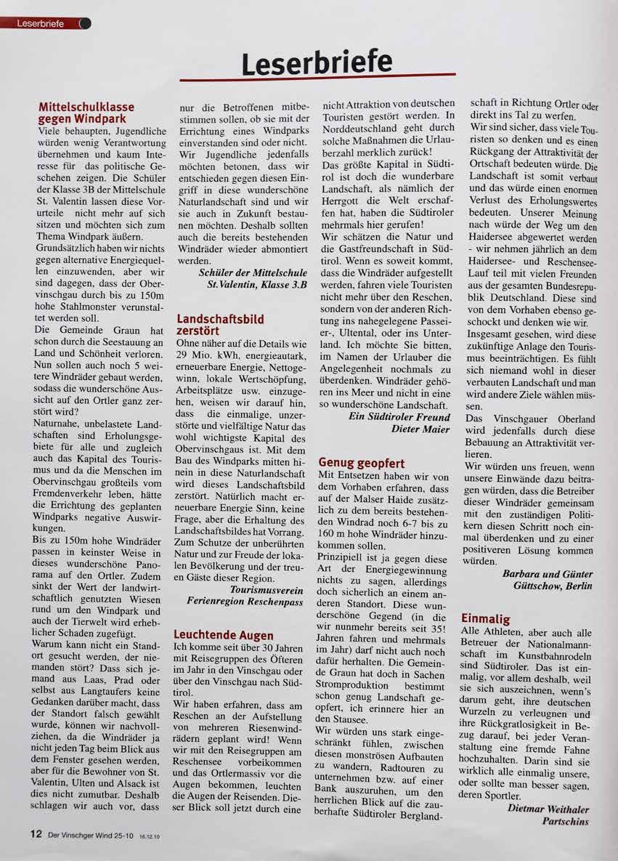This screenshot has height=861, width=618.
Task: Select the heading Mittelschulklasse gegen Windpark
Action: coord(86,113)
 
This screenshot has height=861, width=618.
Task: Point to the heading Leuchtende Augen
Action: coord(224,635)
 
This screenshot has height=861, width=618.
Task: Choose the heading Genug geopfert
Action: coord(362,462)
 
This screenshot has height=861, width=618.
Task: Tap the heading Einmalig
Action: coord(486,618)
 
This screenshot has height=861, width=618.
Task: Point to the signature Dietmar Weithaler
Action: coord(548,808)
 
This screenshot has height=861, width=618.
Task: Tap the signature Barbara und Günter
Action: coord(547,573)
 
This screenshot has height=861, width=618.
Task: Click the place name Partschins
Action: coord(565,821)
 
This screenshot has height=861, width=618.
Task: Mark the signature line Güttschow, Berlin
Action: coord(552,586)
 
